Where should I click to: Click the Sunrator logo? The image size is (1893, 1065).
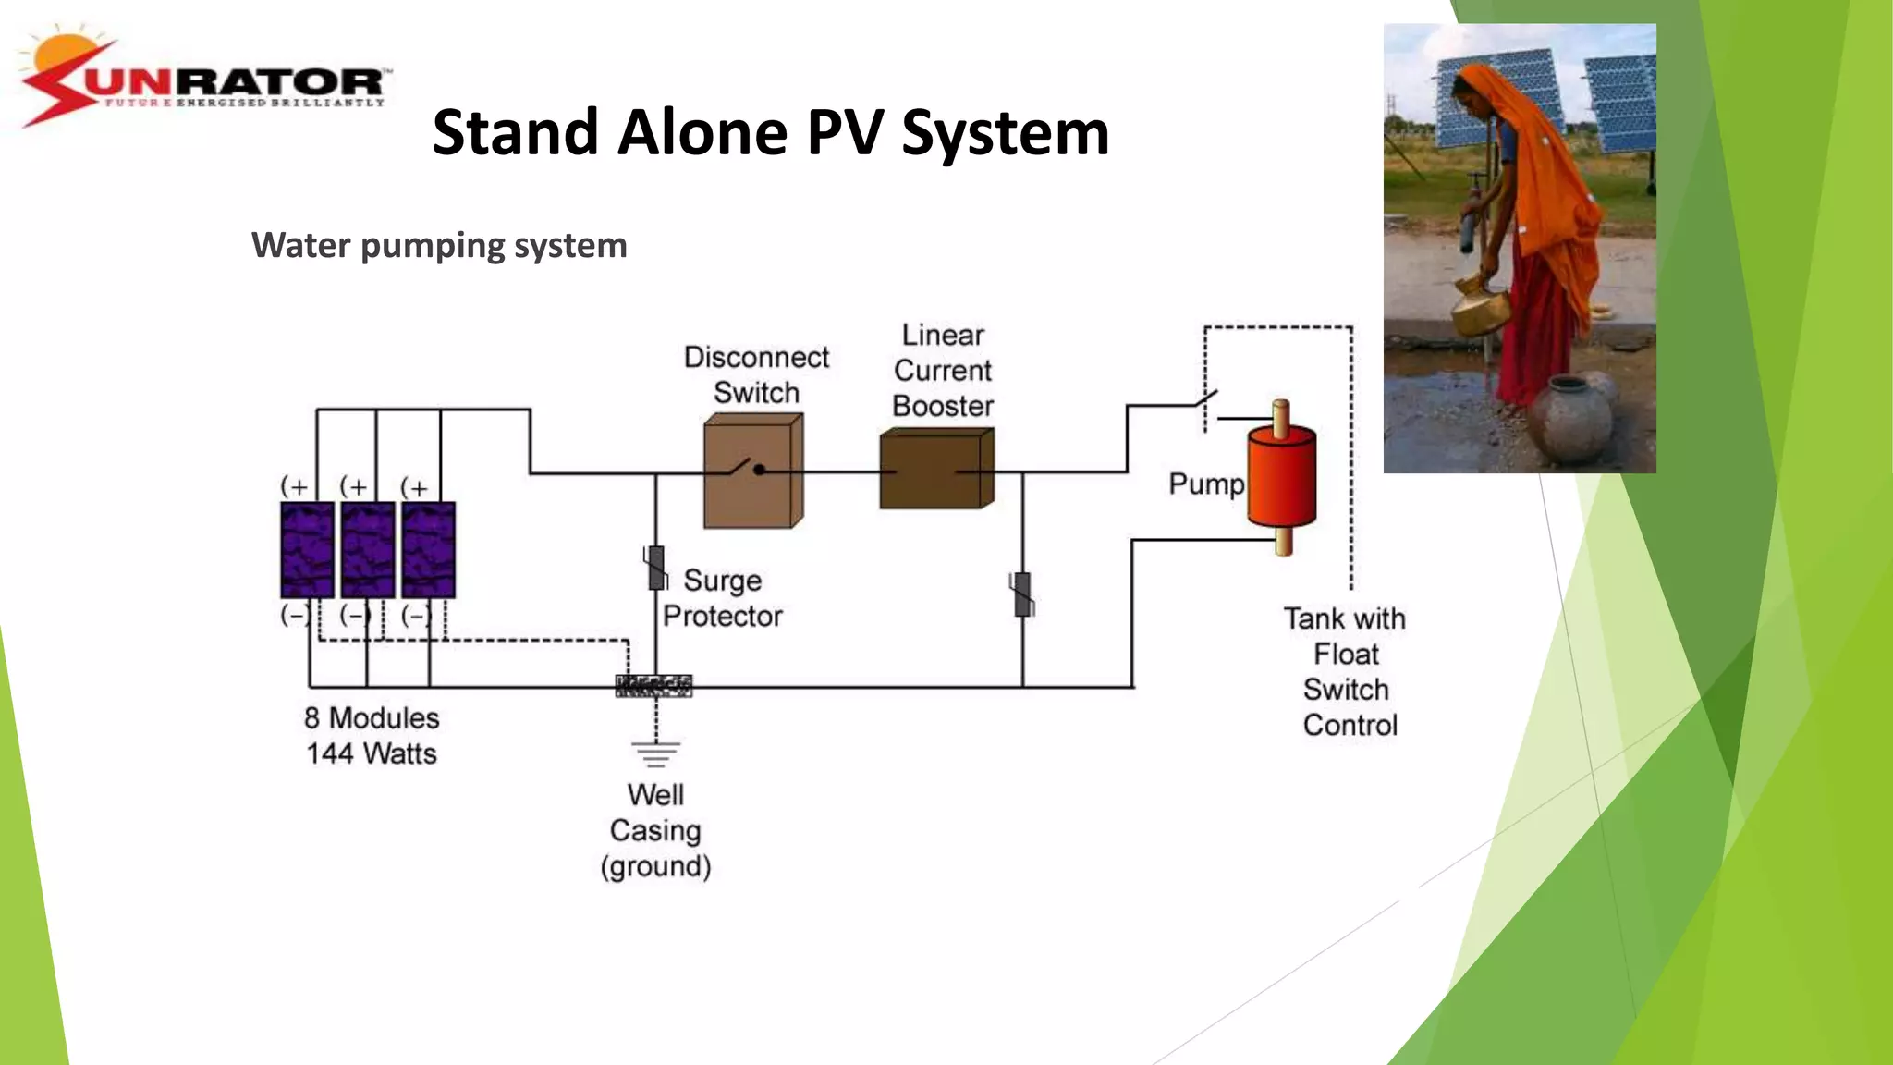(205, 80)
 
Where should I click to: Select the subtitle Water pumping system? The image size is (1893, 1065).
(439, 246)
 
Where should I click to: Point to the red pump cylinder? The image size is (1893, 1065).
(1281, 477)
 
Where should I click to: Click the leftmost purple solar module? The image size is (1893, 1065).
(307, 550)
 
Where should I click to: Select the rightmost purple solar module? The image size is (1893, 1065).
(428, 550)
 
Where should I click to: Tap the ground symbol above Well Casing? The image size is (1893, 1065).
(656, 753)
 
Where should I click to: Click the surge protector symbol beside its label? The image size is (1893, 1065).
(655, 568)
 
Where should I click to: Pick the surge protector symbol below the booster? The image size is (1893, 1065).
(1022, 594)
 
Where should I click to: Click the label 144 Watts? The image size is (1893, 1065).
(372, 753)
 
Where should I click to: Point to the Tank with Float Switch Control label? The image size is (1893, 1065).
(1347, 672)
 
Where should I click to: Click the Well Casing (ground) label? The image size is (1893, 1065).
(655, 830)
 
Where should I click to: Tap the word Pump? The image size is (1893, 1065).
(1206, 484)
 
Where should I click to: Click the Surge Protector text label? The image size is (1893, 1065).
(723, 598)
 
